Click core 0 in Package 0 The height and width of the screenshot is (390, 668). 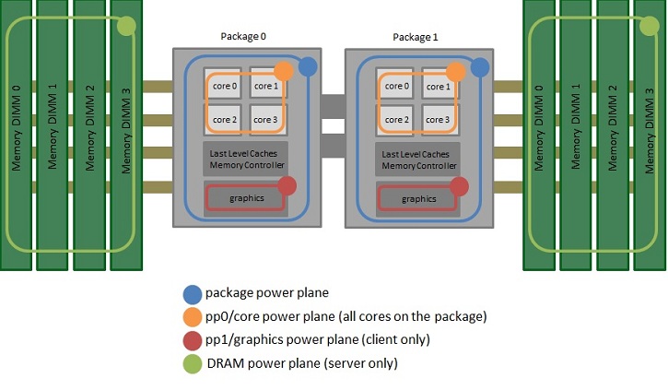pos(224,87)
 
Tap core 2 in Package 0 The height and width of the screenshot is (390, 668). pos(224,120)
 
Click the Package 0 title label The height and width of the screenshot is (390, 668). pos(244,36)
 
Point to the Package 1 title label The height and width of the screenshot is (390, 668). pos(416,38)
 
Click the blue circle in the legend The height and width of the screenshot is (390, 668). pos(192,295)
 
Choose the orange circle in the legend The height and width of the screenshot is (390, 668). pos(192,318)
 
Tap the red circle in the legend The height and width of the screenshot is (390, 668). pos(192,340)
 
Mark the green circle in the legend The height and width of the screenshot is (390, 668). pos(192,363)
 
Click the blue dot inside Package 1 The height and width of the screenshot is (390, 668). pos(479,66)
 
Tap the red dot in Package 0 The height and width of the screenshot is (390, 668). pos(287,186)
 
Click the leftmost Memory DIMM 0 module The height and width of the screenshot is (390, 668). pos(16,135)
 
